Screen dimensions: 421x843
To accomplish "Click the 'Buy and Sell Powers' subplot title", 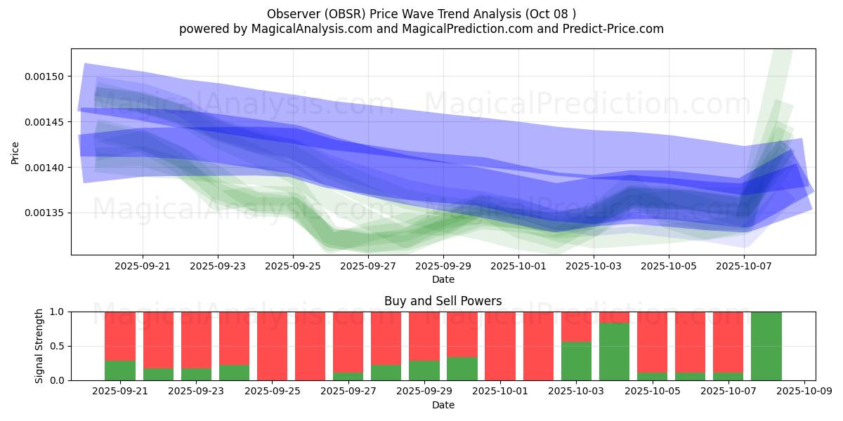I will click(443, 301).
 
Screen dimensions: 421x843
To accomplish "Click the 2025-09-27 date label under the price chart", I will click(368, 267).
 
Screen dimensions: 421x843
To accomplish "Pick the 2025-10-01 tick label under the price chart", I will click(518, 267).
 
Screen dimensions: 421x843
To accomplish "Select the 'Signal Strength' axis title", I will click(39, 346).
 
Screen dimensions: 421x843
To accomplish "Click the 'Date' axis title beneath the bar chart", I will click(443, 405).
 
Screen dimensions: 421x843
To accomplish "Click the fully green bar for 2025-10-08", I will click(766, 346).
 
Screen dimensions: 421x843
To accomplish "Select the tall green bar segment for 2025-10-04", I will click(614, 352).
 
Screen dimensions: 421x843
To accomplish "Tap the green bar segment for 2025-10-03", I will click(576, 361).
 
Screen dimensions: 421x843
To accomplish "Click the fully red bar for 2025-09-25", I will click(272, 346).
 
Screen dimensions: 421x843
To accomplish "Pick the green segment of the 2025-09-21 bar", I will click(120, 370).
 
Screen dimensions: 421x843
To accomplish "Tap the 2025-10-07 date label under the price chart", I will click(744, 267).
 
